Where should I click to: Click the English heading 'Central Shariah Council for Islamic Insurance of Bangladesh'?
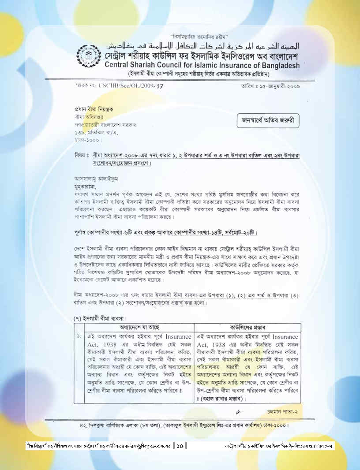coord(202,66)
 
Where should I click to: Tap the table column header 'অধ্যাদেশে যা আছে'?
coord(139,328)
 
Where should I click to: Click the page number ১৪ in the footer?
coord(180,446)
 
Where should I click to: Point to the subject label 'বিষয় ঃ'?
coord(82,156)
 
